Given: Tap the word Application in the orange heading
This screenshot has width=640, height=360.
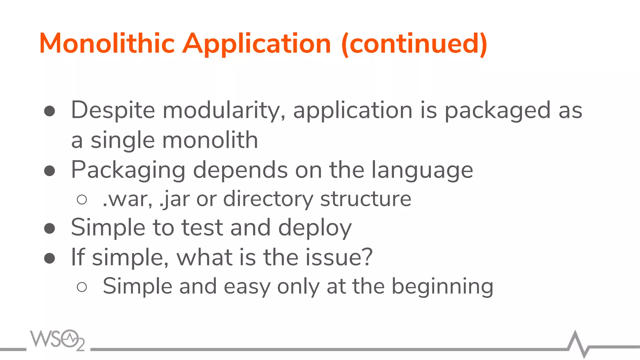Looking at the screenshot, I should [257, 44].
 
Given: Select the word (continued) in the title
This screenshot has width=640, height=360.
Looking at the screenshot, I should [414, 44].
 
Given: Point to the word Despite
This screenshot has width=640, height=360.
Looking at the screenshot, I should [113, 110].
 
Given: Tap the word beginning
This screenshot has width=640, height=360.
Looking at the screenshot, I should [442, 287].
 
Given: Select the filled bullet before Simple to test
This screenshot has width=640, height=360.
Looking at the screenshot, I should [50, 228].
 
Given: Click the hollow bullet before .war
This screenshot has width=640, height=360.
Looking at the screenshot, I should [82, 200].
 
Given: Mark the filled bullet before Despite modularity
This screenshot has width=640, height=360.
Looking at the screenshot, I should [50, 111].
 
